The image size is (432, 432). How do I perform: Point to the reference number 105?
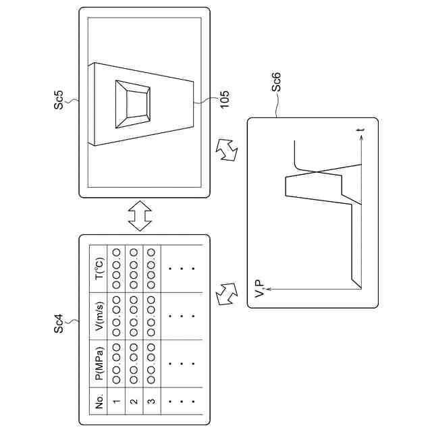[x=224, y=99]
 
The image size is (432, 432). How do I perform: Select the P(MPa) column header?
[x=99, y=364]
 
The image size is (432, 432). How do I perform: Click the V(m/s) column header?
[x=99, y=315]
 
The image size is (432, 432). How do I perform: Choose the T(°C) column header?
[x=99, y=269]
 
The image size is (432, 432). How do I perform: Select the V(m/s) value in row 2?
[x=134, y=315]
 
